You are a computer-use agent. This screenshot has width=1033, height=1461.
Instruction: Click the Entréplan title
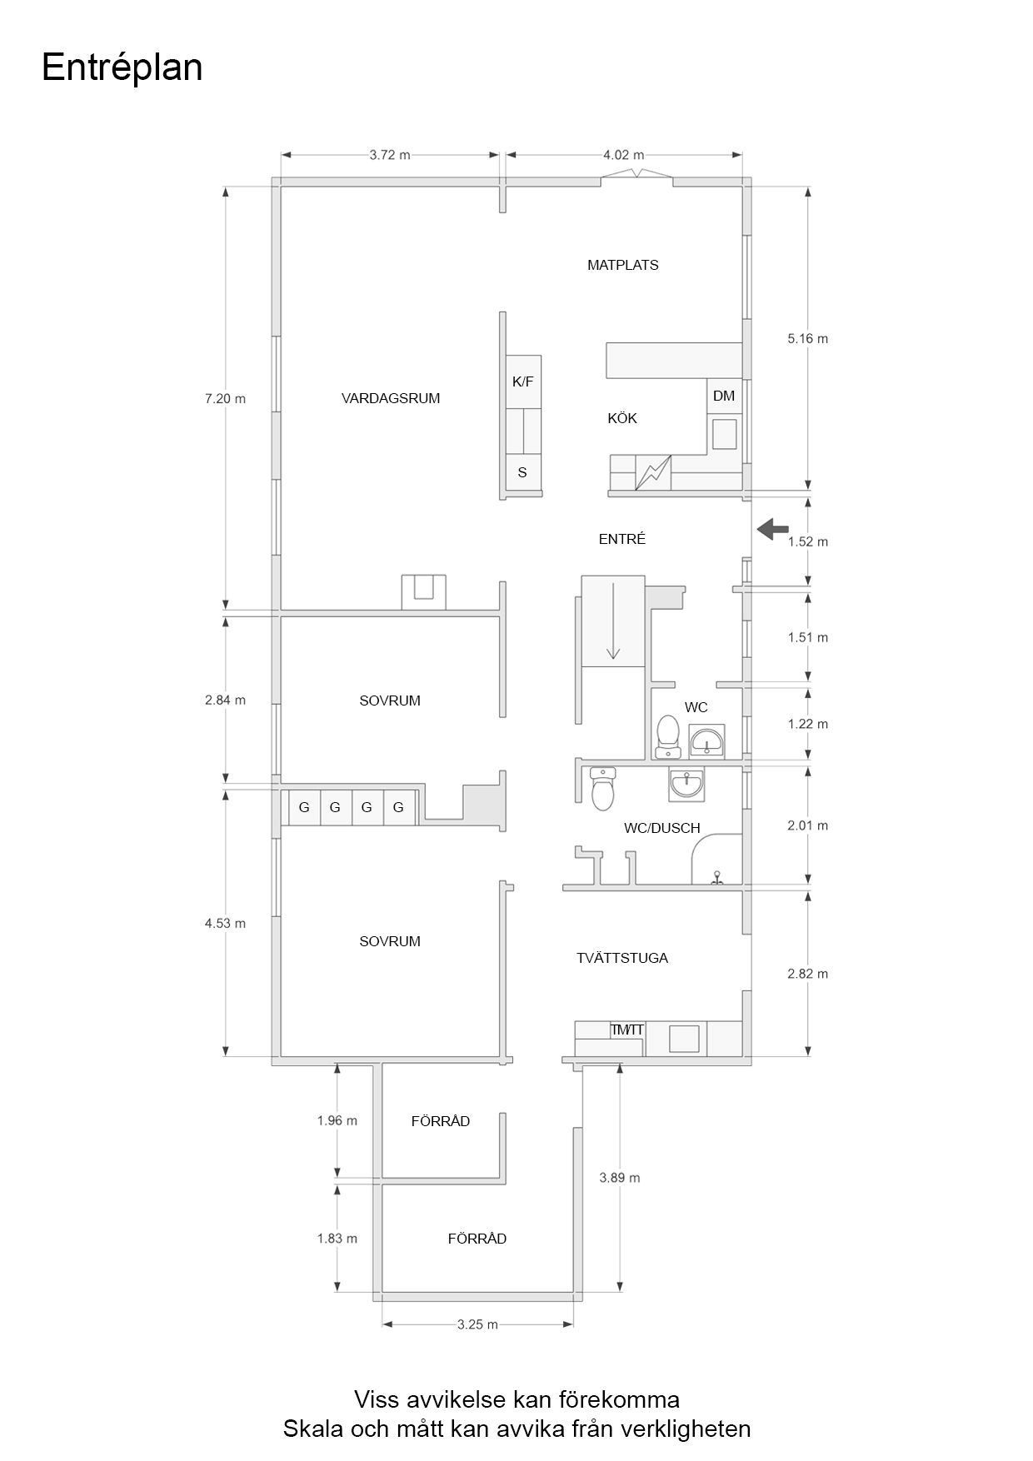point(122,67)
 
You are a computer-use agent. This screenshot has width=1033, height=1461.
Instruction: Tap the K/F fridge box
point(523,381)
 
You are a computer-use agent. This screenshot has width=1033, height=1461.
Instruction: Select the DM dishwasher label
point(724,396)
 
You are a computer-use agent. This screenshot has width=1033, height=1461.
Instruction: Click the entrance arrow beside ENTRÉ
point(773,527)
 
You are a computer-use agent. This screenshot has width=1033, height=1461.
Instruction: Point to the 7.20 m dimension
point(225,398)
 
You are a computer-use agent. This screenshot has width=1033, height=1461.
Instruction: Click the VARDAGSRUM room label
point(390,398)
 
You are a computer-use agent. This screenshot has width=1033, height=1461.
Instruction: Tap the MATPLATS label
point(622,265)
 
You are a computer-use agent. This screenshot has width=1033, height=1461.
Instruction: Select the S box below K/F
point(523,472)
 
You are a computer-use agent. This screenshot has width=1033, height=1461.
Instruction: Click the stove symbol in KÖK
point(652,473)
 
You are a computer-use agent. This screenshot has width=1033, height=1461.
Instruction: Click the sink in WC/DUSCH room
point(686,783)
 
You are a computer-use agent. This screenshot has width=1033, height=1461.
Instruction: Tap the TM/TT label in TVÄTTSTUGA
point(626,1030)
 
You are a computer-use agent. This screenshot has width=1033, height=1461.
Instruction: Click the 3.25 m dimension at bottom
point(477,1324)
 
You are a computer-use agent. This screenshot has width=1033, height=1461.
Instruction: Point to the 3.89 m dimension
point(619,1178)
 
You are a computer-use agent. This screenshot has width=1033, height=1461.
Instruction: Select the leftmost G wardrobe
point(304,807)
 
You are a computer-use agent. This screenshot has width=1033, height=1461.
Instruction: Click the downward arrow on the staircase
point(613,621)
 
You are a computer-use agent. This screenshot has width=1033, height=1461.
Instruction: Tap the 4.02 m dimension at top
point(623,155)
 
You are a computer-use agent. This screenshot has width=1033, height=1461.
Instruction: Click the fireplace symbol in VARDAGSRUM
point(423,591)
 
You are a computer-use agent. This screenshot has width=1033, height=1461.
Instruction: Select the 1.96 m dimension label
point(337,1120)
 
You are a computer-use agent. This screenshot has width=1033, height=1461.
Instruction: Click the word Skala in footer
point(312,1429)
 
